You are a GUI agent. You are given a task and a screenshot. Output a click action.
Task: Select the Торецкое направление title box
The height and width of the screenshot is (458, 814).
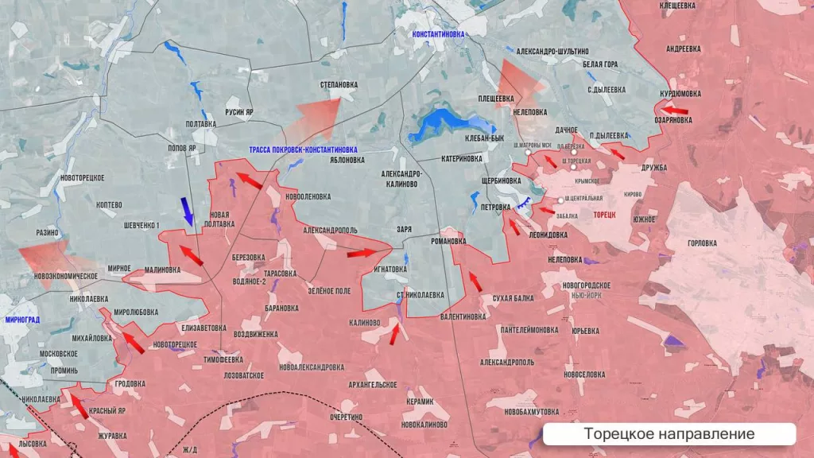[x=669, y=434]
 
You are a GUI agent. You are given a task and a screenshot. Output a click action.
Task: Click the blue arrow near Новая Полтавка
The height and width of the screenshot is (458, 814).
[x=188, y=210]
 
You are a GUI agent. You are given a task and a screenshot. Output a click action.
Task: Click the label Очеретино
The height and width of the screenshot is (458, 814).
[x=347, y=416]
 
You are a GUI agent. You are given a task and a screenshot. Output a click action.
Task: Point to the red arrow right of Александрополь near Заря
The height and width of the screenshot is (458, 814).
[x=361, y=254]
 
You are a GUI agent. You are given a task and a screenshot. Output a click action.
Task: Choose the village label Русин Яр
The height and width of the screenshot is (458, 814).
[x=239, y=112]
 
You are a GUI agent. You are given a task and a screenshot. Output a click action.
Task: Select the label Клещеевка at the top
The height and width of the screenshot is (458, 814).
[x=678, y=6]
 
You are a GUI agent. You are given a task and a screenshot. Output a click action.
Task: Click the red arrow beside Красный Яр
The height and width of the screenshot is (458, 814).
[x=79, y=406]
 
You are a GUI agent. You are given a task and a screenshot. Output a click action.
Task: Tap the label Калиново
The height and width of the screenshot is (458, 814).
[x=364, y=323]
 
